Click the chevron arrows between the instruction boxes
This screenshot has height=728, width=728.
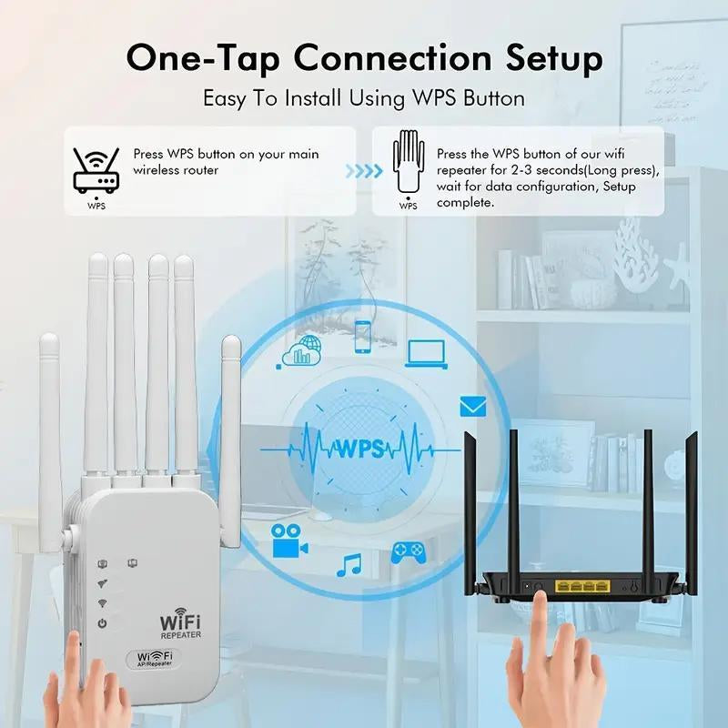pyautogui.click(x=363, y=170)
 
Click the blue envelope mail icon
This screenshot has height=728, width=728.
pyautogui.click(x=472, y=406)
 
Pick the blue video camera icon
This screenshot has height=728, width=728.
pyautogui.click(x=288, y=540)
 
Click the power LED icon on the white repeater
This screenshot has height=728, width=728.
pyautogui.click(x=103, y=623)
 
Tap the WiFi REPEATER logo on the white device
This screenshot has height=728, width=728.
pyautogui.click(x=180, y=624)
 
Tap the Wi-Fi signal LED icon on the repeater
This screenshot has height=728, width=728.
pyautogui.click(x=103, y=602)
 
